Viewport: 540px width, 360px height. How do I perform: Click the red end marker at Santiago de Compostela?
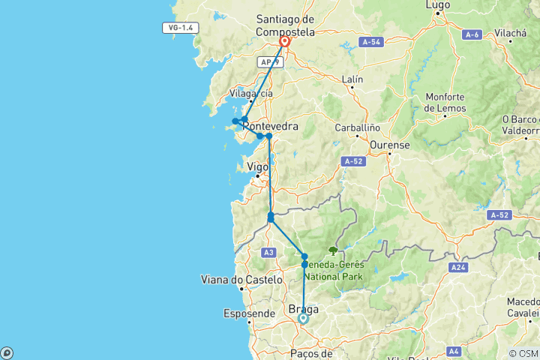click(285, 42)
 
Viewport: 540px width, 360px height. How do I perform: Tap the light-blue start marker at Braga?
click(303, 318)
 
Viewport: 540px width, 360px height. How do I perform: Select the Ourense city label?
click(389, 144)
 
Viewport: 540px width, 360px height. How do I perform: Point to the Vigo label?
click(257, 167)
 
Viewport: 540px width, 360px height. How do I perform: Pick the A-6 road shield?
click(472, 34)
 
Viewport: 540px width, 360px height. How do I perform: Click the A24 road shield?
click(459, 266)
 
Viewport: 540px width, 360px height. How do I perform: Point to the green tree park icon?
click(333, 251)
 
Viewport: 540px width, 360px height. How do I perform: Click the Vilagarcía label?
click(250, 94)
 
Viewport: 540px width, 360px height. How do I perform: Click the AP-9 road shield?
click(268, 62)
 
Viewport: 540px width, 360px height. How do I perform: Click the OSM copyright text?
click(523, 353)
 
